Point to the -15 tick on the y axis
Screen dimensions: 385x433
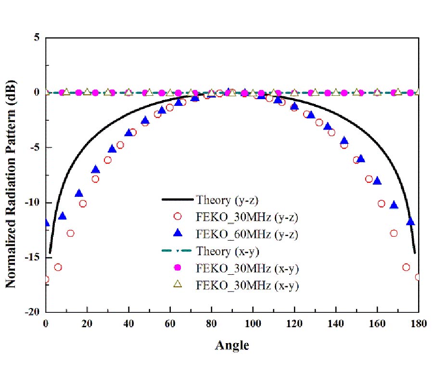[x=33, y=257]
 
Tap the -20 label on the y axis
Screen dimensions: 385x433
[x=33, y=312]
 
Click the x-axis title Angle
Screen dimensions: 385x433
[x=232, y=345]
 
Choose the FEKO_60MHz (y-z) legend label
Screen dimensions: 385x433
[x=248, y=234]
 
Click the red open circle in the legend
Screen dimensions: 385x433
[x=178, y=217]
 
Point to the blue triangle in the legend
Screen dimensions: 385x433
[x=178, y=234]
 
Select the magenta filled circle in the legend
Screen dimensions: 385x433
[x=178, y=268]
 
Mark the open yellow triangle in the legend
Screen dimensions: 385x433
[x=178, y=284]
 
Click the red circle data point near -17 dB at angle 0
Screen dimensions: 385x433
[x=46, y=279]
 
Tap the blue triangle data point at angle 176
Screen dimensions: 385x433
[x=410, y=221]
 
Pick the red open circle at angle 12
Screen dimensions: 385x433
[x=71, y=233]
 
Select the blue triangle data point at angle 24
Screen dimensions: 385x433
[x=96, y=169]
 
